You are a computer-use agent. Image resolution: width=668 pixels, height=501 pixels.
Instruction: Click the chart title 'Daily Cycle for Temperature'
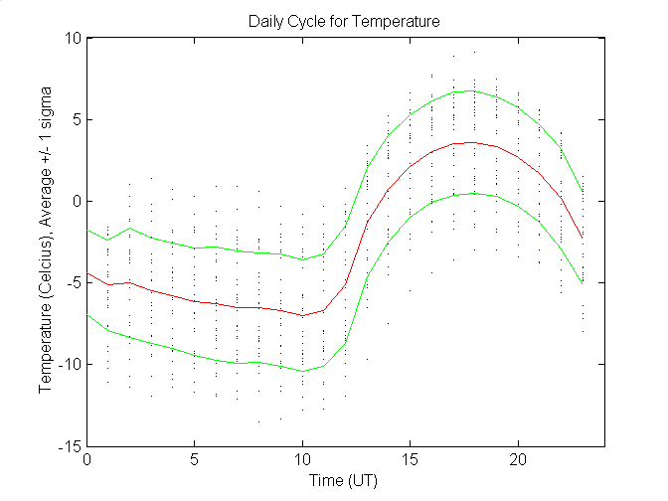pyautogui.click(x=344, y=20)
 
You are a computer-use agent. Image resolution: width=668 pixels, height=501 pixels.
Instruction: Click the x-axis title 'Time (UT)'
pyautogui.click(x=344, y=481)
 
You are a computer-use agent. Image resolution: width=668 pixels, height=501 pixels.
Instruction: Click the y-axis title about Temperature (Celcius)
pyautogui.click(x=45, y=242)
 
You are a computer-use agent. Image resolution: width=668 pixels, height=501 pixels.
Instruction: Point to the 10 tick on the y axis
pyautogui.click(x=73, y=38)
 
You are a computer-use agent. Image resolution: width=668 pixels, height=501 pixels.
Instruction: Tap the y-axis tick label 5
pyautogui.click(x=77, y=119)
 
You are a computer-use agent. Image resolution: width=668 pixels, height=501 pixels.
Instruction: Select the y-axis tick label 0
pyautogui.click(x=77, y=201)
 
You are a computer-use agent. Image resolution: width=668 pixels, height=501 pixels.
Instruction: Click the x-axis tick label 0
pyautogui.click(x=87, y=460)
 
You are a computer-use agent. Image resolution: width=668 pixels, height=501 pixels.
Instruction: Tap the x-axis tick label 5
pyautogui.click(x=195, y=460)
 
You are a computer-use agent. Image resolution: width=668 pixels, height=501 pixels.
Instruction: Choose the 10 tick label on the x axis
pyautogui.click(x=302, y=460)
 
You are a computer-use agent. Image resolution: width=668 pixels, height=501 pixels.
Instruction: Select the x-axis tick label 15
pyautogui.click(x=410, y=460)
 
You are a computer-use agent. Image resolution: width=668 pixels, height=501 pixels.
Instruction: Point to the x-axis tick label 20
pyautogui.click(x=517, y=460)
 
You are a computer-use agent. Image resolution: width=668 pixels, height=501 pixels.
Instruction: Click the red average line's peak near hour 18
pyautogui.click(x=474, y=142)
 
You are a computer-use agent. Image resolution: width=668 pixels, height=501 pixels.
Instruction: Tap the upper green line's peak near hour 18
pyautogui.click(x=474, y=90)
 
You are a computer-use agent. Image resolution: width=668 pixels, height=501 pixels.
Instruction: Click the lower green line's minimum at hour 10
pyautogui.click(x=302, y=371)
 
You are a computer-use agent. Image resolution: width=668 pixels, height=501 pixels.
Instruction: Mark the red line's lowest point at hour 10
pyautogui.click(x=302, y=315)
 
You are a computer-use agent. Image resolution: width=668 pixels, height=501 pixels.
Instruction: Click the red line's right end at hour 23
pyautogui.click(x=582, y=238)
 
